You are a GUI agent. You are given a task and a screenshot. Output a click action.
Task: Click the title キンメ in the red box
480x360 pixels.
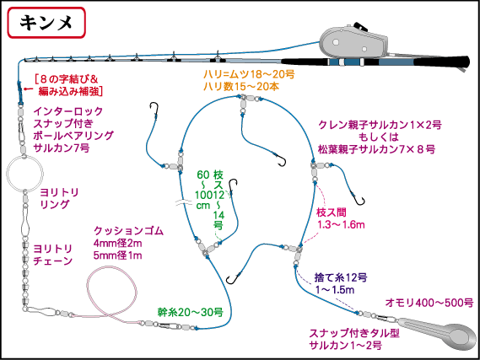pos(46,24)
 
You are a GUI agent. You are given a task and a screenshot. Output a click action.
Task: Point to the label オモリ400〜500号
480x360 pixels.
pos(429,301)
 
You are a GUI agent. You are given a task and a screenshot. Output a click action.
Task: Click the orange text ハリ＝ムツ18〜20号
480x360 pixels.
pos(251,75)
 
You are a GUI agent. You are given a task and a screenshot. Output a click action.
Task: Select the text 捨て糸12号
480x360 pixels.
pos(340,277)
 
